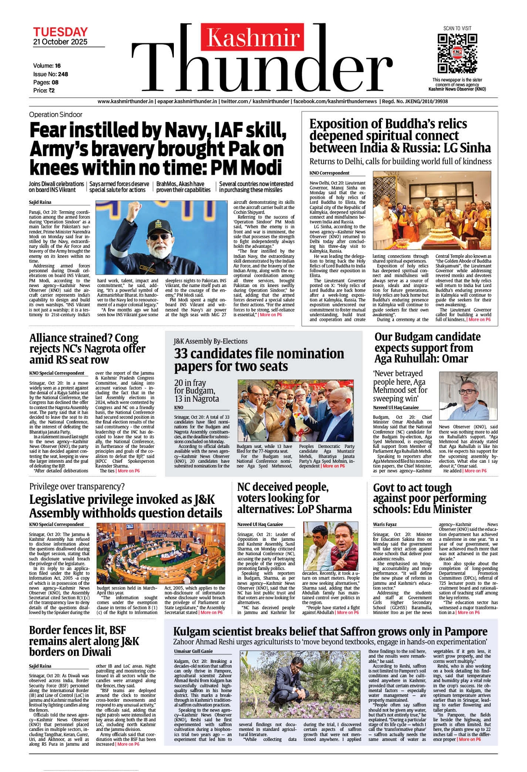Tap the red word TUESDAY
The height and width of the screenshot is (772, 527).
click(x=60, y=32)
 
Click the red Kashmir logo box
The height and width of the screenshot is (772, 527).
click(x=253, y=37)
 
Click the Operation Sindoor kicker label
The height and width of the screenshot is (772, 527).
click(x=55, y=115)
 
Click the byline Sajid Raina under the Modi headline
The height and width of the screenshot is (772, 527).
click(x=40, y=202)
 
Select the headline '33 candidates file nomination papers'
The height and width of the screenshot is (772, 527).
click(x=259, y=360)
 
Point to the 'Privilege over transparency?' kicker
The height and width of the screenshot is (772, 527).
click(x=77, y=486)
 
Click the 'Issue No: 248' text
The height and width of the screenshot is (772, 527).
click(x=50, y=74)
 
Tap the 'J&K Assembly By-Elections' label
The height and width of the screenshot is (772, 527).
click(x=210, y=341)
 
